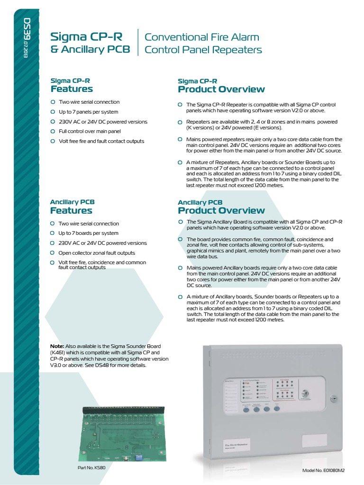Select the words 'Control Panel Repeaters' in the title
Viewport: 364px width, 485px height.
pyautogui.click(x=203, y=50)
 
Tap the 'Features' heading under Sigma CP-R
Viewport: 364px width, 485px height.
pyautogui.click(x=72, y=89)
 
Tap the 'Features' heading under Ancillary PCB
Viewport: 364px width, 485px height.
pyautogui.click(x=71, y=210)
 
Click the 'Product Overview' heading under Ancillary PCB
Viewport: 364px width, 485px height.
pyautogui.click(x=221, y=210)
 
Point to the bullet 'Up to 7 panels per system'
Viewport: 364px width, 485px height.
pyautogui.click(x=89, y=112)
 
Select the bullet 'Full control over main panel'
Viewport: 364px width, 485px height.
pyautogui.click(x=90, y=131)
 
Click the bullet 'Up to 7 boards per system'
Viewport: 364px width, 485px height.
pyautogui.click(x=89, y=233)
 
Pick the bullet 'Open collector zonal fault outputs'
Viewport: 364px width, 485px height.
pyautogui.click(x=96, y=253)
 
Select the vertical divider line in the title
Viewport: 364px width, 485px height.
pyautogui.click(x=138, y=43)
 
